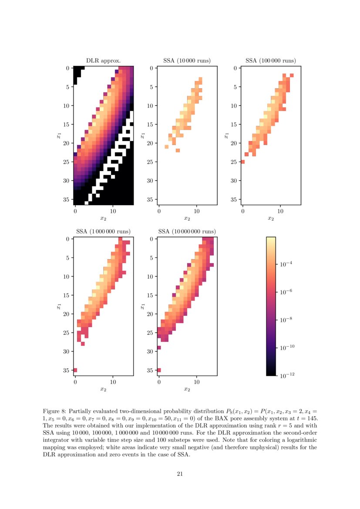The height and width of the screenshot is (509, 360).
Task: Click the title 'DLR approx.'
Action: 103,61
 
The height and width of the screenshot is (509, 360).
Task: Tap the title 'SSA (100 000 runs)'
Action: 270,61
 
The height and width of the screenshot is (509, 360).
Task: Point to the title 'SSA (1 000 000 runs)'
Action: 103,231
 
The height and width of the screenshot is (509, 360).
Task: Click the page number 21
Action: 180,474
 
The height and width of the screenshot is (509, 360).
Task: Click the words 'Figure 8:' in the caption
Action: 54,411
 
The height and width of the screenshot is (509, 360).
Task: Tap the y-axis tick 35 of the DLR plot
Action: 66,199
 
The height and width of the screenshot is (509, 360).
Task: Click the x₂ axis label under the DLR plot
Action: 103,218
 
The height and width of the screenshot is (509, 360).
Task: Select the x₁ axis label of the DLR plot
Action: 58,136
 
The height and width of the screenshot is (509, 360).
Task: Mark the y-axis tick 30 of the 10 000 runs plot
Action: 150,181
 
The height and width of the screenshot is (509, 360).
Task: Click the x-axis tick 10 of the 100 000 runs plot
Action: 280,211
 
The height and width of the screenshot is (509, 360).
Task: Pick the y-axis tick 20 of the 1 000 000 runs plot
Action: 66,314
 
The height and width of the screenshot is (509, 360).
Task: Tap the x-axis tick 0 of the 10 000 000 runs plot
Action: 159,382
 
